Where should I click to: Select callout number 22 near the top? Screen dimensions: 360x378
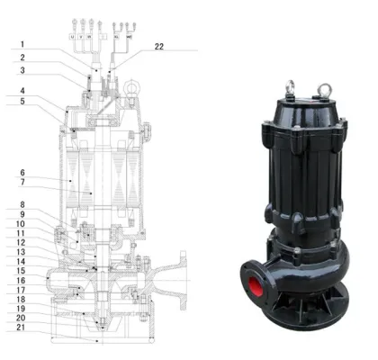(159, 45)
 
